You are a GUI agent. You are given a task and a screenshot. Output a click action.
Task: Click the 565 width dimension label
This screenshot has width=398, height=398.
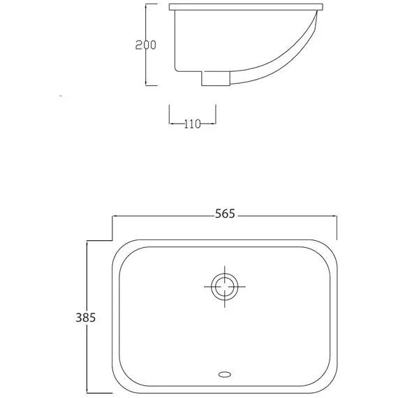pyautogui.click(x=225, y=214)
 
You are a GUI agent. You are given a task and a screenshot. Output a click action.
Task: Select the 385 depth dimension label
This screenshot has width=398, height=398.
pyautogui.click(x=86, y=317)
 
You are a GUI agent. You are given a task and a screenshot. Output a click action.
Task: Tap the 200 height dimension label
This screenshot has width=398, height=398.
pyautogui.click(x=146, y=45)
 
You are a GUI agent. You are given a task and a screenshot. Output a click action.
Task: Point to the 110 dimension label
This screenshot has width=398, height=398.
pyautogui.click(x=192, y=124)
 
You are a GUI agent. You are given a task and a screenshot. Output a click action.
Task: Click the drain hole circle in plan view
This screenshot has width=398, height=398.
pyautogui.click(x=225, y=287)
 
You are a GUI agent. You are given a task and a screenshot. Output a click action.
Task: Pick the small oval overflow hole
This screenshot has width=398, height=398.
pyautogui.click(x=225, y=374)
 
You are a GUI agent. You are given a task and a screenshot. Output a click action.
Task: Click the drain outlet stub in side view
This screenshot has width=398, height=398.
pyautogui.click(x=216, y=78)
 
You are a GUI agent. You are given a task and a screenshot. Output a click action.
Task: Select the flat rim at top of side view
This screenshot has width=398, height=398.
pyautogui.click(x=246, y=7)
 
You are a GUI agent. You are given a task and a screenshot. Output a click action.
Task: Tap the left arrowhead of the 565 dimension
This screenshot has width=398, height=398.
pyautogui.click(x=115, y=216)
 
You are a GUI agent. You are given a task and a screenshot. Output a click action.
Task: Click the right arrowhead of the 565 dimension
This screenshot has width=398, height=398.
pyautogui.click(x=334, y=216)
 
